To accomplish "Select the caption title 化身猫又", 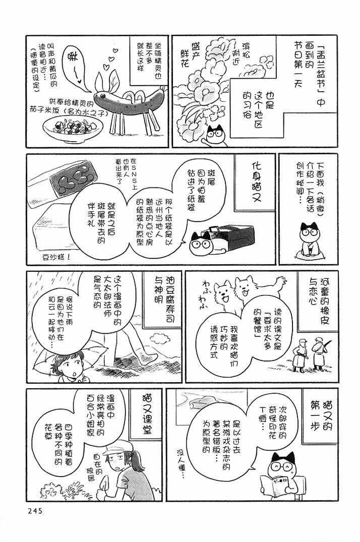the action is [x=257, y=182].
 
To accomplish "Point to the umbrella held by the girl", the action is [x=69, y=354].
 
